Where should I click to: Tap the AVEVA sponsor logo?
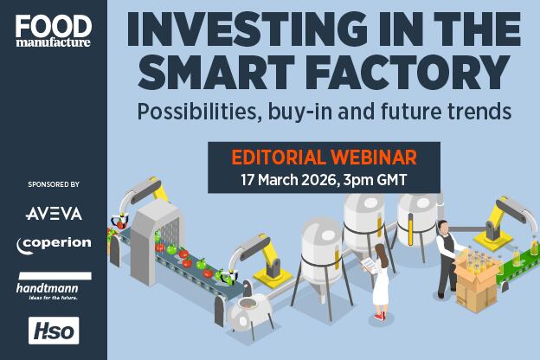53,213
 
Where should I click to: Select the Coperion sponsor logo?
53,245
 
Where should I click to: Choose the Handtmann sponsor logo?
53,282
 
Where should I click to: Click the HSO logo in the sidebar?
54,330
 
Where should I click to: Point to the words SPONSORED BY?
53,184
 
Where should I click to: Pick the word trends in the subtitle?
478,112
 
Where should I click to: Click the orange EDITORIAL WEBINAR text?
324,157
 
